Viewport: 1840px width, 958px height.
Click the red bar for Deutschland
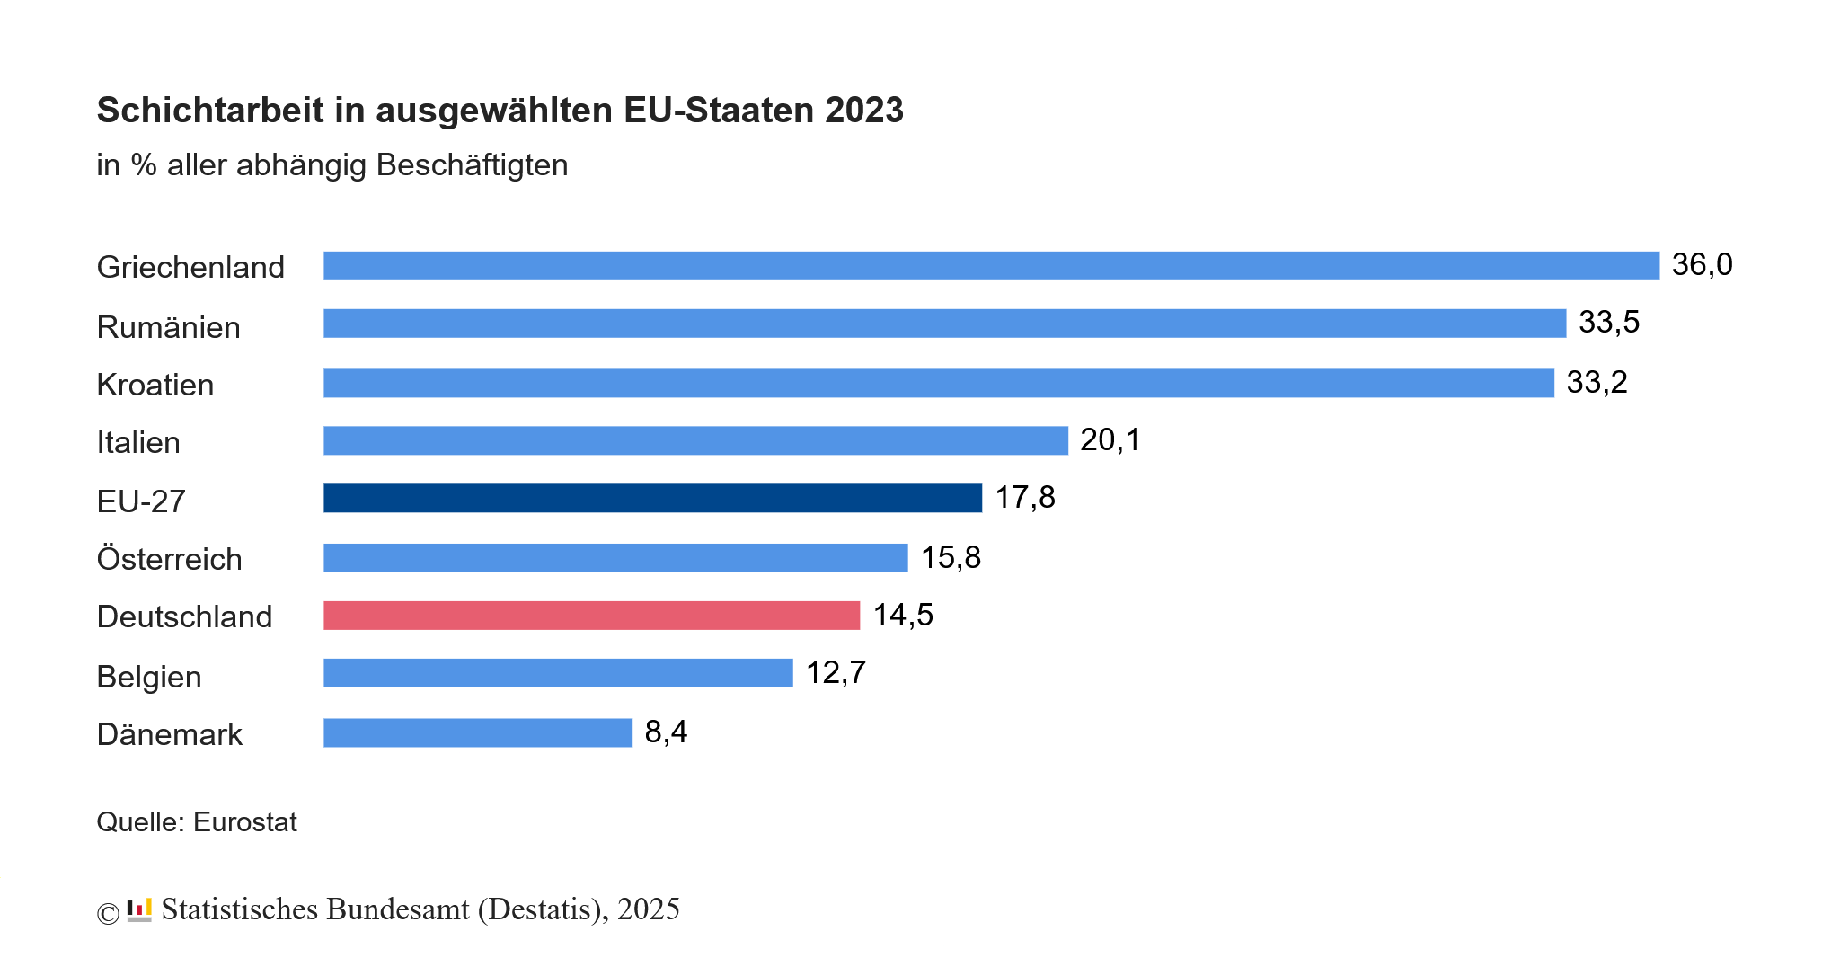(x=591, y=616)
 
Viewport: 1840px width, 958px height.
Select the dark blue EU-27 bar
(x=652, y=498)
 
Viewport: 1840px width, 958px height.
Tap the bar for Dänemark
(x=478, y=732)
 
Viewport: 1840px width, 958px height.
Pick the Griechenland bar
(x=991, y=266)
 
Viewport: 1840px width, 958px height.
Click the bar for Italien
(x=695, y=440)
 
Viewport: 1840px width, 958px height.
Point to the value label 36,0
(x=1702, y=265)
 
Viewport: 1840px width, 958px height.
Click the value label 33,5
(x=1608, y=323)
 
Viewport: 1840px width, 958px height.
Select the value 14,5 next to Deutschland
(x=903, y=616)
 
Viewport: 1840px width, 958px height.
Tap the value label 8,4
(x=666, y=732)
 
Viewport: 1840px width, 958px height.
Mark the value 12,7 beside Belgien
(x=836, y=673)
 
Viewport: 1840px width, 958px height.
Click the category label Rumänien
(x=168, y=327)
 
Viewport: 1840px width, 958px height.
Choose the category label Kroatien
(x=155, y=385)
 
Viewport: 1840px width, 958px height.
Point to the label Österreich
(x=169, y=559)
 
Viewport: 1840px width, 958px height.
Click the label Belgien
(x=148, y=677)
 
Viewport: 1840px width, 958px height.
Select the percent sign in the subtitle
(x=143, y=165)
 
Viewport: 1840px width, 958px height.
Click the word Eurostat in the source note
(x=244, y=822)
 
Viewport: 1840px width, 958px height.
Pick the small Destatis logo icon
(x=139, y=910)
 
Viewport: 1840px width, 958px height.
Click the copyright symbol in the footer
(x=108, y=914)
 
